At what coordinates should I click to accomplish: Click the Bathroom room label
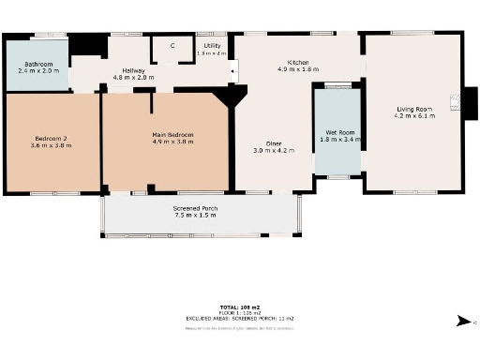[x=37, y=65]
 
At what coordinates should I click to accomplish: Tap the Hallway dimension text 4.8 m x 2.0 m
[x=132, y=77]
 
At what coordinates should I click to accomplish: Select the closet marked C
[x=172, y=45]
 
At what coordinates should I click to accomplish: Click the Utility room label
[x=212, y=45]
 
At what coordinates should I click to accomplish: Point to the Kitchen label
[x=299, y=62]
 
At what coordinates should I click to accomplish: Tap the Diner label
[x=274, y=142]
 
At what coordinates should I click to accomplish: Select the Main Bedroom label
[x=172, y=135]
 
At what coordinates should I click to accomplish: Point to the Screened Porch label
[x=194, y=207]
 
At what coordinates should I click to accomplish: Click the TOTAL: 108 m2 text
[x=239, y=307]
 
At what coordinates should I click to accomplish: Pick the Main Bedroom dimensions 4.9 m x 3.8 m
[x=172, y=143]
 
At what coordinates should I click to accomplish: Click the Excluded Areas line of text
[x=239, y=319]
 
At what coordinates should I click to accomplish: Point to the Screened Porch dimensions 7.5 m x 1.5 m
[x=194, y=215]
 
